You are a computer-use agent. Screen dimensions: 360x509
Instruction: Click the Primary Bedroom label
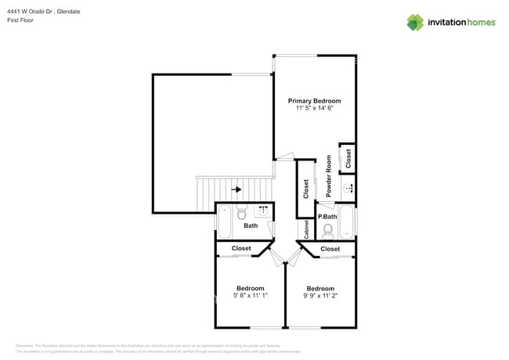pyautogui.click(x=314, y=101)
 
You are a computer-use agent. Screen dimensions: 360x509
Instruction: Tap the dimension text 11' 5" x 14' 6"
pyautogui.click(x=314, y=110)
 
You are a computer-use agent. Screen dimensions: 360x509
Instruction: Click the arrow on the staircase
pyautogui.click(x=236, y=189)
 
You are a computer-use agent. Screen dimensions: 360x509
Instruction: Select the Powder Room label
pyautogui.click(x=329, y=176)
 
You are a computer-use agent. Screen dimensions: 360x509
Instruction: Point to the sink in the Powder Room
pyautogui.click(x=347, y=187)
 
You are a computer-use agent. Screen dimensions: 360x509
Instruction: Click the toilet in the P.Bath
pyautogui.click(x=328, y=230)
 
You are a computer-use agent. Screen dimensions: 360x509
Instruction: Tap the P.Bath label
pyautogui.click(x=327, y=216)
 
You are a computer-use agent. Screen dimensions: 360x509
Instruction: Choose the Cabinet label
pyautogui.click(x=306, y=229)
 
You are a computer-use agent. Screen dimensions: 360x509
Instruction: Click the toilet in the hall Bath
pyautogui.click(x=242, y=211)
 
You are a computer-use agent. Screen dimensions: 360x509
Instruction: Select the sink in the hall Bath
pyautogui.click(x=263, y=211)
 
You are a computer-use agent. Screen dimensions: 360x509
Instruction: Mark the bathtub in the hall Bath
pyautogui.click(x=223, y=222)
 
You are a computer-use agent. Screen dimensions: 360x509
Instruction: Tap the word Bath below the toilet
pyautogui.click(x=251, y=226)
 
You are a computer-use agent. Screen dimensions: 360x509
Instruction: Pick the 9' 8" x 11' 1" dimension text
pyautogui.click(x=250, y=296)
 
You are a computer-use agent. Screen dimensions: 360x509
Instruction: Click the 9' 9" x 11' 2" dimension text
pyautogui.click(x=320, y=296)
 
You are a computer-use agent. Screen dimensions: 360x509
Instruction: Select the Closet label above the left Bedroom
pyautogui.click(x=241, y=248)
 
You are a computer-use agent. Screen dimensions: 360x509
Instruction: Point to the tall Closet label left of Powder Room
pyautogui.click(x=305, y=189)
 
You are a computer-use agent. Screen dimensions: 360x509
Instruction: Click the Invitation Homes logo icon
pyautogui.click(x=415, y=22)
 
